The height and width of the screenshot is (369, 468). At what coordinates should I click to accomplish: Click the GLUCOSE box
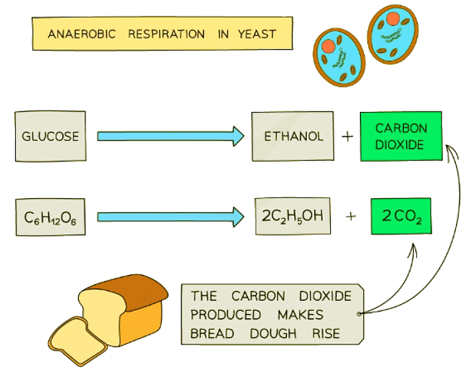[50, 136]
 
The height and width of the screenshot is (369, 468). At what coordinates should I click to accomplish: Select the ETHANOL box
[294, 136]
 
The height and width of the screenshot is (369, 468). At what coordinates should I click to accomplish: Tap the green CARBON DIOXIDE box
[401, 136]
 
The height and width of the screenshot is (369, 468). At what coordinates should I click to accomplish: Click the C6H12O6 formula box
[50, 215]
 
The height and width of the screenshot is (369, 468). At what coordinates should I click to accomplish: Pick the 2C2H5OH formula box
[293, 215]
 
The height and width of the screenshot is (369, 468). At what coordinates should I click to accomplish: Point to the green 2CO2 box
[400, 216]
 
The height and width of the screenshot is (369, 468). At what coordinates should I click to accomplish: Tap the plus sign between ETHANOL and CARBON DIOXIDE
[346, 137]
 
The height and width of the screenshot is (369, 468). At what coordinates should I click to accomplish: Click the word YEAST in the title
[257, 33]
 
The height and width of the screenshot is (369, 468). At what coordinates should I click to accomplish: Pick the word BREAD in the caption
[212, 333]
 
